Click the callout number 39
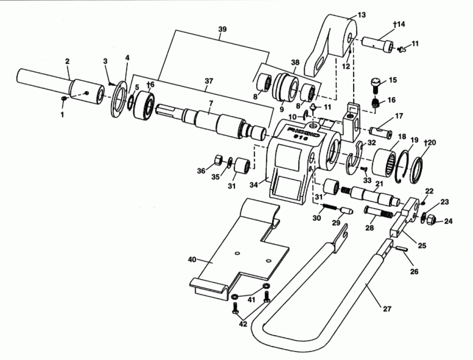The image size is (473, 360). coord(222,29)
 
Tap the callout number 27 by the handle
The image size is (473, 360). coord(387,309)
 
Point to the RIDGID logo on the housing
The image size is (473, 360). coord(304,132)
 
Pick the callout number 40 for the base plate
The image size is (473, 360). coord(192,259)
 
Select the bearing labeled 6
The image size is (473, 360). coord(144,105)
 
